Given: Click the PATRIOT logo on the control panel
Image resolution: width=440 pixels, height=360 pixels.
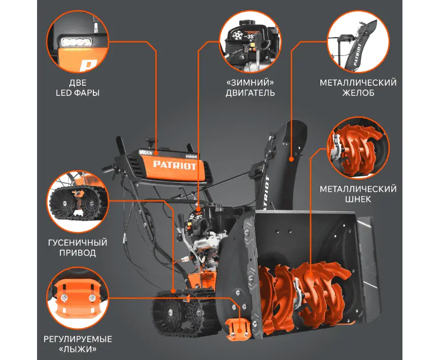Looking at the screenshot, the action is tap(175, 165).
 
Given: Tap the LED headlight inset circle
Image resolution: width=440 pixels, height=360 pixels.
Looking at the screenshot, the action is tap(78, 42).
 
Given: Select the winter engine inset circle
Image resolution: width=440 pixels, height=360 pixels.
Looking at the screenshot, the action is tap(250, 42).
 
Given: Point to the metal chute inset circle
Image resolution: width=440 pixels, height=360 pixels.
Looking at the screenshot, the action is tap(358, 42).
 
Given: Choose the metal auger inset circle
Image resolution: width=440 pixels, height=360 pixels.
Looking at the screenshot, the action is tap(358, 148).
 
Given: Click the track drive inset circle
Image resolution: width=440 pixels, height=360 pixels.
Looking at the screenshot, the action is tap(78, 201).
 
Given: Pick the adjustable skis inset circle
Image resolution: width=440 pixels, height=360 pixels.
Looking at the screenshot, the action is tap(78, 298).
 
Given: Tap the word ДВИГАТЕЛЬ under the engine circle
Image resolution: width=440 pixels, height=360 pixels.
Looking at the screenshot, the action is tap(250, 93).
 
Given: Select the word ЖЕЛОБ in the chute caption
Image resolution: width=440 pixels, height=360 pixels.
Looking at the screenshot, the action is tap(358, 93).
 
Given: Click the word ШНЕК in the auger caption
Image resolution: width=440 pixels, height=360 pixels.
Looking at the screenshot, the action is tap(358, 200).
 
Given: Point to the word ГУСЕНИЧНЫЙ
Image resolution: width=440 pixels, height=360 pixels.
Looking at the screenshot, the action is tap(78, 243).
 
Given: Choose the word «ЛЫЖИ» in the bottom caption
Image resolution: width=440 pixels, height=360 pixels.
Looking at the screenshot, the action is tap(78, 349).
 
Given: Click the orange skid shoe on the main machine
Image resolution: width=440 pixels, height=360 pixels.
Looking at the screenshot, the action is tap(237, 329).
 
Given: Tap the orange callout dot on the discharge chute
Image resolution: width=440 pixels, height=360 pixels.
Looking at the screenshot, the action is tap(291, 159).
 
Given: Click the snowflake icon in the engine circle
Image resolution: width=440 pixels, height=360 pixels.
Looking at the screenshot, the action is tap(239, 36).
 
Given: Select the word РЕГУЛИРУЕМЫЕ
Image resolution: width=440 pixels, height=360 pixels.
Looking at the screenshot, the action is tap(78, 339).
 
